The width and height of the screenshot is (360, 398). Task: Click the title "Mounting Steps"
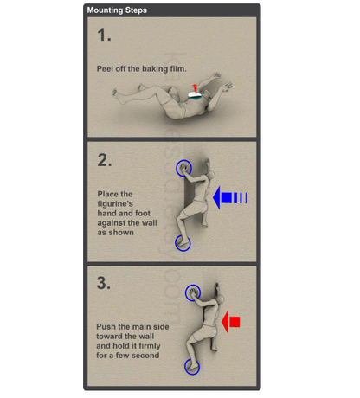pyautogui.click(x=117, y=10)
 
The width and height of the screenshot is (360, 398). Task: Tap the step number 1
pyautogui.click(x=104, y=35)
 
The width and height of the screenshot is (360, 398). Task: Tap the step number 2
pyautogui.click(x=104, y=160)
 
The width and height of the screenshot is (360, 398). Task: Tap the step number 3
pyautogui.click(x=104, y=283)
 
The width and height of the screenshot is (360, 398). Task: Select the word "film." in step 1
pyautogui.click(x=178, y=68)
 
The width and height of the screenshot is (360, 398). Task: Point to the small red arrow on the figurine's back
pyautogui.click(x=195, y=87)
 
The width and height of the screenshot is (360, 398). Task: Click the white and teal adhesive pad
pyautogui.click(x=196, y=96)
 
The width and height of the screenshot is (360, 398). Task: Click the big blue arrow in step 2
pyautogui.click(x=229, y=198)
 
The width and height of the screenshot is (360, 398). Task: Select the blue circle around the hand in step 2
pyautogui.click(x=177, y=168)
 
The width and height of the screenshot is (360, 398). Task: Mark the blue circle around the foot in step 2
pyautogui.click(x=176, y=243)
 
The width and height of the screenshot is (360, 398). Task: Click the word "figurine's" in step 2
pyautogui.click(x=115, y=203)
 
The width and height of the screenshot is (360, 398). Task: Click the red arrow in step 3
pyautogui.click(x=231, y=322)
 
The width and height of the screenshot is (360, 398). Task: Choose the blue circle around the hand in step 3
pyautogui.click(x=186, y=292)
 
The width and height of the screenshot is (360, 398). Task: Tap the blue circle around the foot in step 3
pyautogui.click(x=185, y=367)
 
